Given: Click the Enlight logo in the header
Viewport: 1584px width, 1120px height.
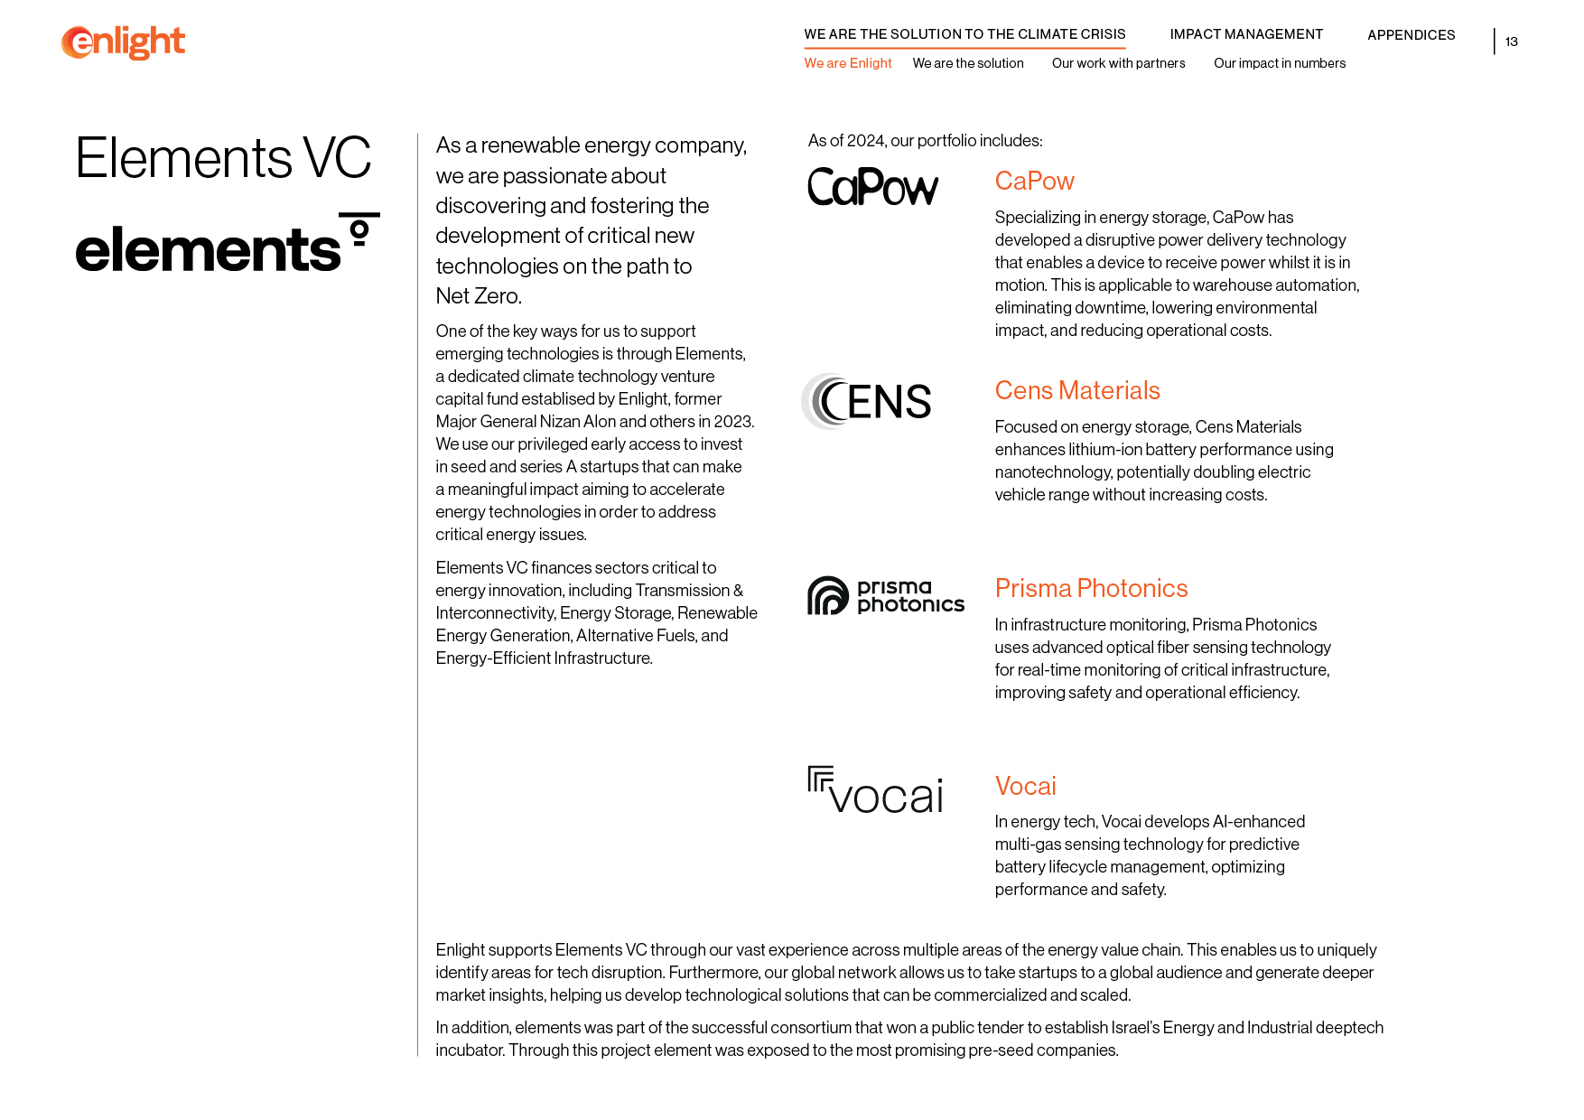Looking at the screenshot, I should [123, 42].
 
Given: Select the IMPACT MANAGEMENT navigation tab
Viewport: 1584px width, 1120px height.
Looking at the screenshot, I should [1246, 34].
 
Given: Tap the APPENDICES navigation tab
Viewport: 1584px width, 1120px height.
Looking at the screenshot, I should [1411, 35].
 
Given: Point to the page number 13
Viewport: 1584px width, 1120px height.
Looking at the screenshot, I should [1511, 42].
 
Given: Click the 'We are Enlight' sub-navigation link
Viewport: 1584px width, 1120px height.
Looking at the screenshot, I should [847, 63].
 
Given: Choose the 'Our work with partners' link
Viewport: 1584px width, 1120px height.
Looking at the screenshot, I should [1118, 63].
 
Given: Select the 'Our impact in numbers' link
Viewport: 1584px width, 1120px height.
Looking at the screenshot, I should [1279, 63].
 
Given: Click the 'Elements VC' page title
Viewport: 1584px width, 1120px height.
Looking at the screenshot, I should [223, 158].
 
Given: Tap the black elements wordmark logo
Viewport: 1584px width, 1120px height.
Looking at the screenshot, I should [227, 245].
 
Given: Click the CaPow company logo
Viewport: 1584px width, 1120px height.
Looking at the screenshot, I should [872, 187].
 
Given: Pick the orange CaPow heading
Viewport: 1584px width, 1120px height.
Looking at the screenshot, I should [1034, 181].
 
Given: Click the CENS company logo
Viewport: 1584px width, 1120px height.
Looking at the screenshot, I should [867, 401].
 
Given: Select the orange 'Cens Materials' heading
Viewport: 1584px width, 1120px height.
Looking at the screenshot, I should [1076, 390].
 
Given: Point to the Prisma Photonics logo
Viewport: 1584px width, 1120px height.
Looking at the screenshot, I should [885, 596].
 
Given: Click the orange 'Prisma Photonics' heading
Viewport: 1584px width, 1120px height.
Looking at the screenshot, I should [1091, 588].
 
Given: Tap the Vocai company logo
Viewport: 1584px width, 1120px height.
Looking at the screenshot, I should [875, 791].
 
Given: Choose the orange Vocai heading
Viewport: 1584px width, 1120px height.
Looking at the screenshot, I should [1025, 786].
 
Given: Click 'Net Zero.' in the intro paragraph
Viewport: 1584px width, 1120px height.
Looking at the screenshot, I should [479, 296].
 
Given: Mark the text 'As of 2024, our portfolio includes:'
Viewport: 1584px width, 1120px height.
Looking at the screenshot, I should [925, 141].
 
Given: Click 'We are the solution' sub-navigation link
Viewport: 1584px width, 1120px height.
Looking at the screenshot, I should [967, 63].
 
